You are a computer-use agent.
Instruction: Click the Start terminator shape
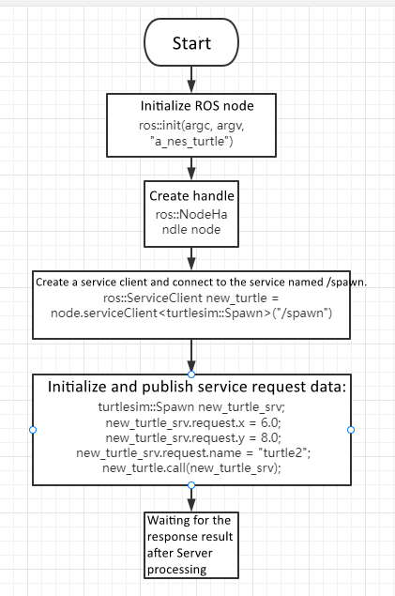click(x=191, y=44)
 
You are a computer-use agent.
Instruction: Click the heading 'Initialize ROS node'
click(x=191, y=105)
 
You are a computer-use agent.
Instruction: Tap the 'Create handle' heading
click(x=191, y=196)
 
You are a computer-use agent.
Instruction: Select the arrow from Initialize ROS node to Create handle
click(x=191, y=168)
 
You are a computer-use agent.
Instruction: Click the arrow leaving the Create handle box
click(x=191, y=256)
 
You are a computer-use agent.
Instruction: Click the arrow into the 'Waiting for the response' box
click(x=191, y=497)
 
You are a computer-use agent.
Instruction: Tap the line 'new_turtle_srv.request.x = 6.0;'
click(x=191, y=423)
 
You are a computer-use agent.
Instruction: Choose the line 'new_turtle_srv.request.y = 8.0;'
click(x=191, y=437)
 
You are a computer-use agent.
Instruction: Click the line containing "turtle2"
click(x=191, y=452)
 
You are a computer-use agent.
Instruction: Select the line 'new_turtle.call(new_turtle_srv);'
click(x=191, y=466)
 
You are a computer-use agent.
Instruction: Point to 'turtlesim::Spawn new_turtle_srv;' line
click(x=191, y=409)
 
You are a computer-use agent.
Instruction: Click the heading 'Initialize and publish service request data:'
click(x=191, y=388)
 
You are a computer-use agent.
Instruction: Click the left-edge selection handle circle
click(x=33, y=429)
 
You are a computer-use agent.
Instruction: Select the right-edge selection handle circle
click(x=350, y=429)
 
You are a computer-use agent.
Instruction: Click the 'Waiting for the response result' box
click(x=191, y=544)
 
